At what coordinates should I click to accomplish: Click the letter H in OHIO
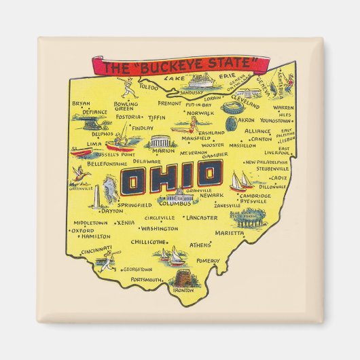pos(158,179)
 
